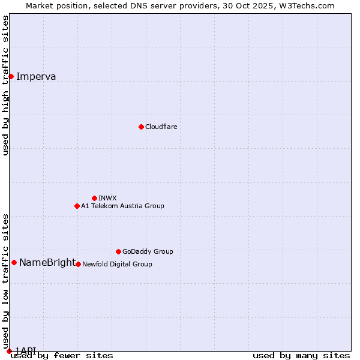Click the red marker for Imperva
[11, 76]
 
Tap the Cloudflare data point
[141, 127]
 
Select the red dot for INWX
[94, 198]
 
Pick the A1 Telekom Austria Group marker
[77, 206]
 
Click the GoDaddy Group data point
[118, 251]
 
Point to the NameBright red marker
[14, 262]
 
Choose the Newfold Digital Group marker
[78, 264]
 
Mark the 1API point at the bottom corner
[9, 350]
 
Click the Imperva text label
[36, 76]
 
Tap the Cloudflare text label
[161, 127]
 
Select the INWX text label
[107, 198]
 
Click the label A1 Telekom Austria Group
[122, 206]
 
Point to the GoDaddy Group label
[148, 251]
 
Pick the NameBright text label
[47, 262]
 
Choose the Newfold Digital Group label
[117, 264]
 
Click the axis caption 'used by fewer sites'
[62, 355]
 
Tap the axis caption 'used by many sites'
[301, 355]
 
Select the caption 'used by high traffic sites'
[5, 85]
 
